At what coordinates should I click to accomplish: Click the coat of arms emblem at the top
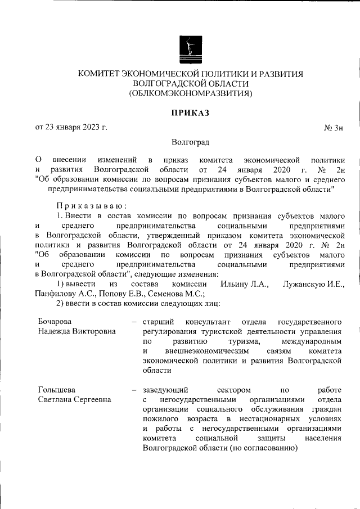click(190, 47)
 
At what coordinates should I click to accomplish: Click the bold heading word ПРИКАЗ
click(190, 113)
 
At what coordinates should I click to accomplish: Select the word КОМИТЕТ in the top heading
click(100, 74)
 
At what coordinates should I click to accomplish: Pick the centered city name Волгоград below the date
click(190, 143)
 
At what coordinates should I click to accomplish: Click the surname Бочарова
click(55, 321)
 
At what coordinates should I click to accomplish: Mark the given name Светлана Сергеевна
click(74, 399)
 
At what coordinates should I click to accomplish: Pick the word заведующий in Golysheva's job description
click(165, 390)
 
